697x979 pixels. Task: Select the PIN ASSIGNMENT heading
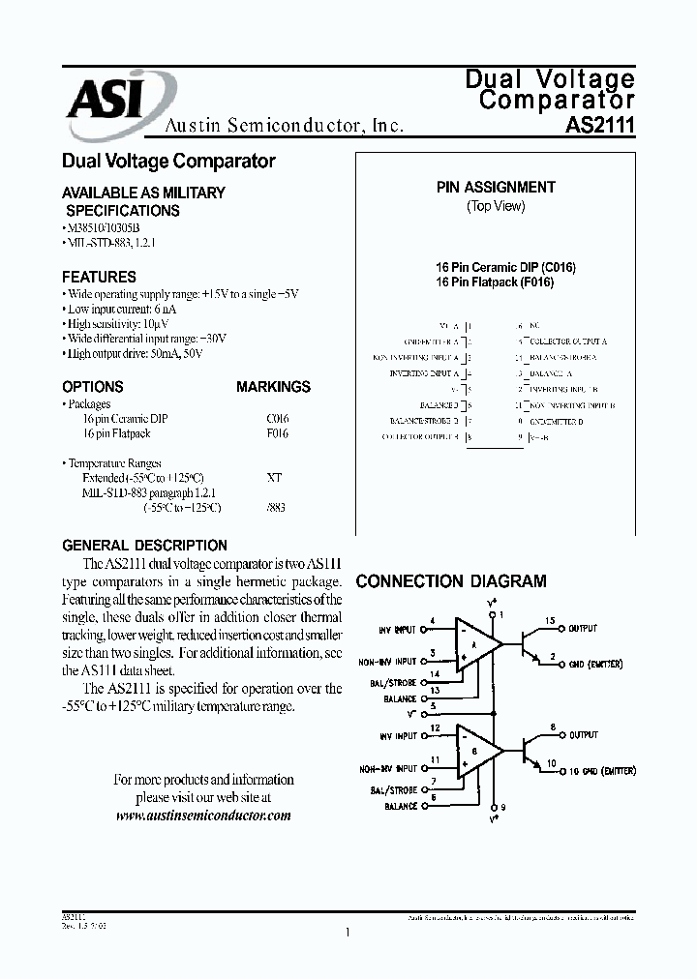pyautogui.click(x=496, y=188)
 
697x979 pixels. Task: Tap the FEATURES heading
pyautogui.click(x=99, y=277)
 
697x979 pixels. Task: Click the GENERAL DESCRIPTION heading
pyautogui.click(x=144, y=546)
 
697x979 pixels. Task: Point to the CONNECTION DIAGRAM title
pyautogui.click(x=451, y=581)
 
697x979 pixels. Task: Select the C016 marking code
pyautogui.click(x=277, y=419)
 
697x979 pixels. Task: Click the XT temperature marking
pyautogui.click(x=274, y=478)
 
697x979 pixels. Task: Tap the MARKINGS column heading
pyautogui.click(x=273, y=387)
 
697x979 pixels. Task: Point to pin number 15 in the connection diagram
pyautogui.click(x=550, y=621)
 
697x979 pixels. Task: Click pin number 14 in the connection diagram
pyautogui.click(x=434, y=673)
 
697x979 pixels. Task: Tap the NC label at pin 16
pyautogui.click(x=533, y=326)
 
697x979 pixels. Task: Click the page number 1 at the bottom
pyautogui.click(x=347, y=933)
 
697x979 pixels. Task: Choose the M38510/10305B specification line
pyautogui.click(x=106, y=227)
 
